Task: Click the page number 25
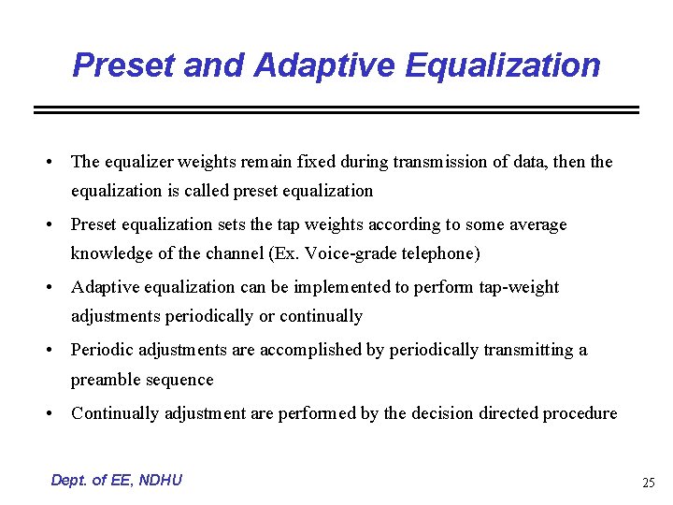pos(649,483)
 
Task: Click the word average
pos(535,224)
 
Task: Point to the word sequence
pos(180,380)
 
